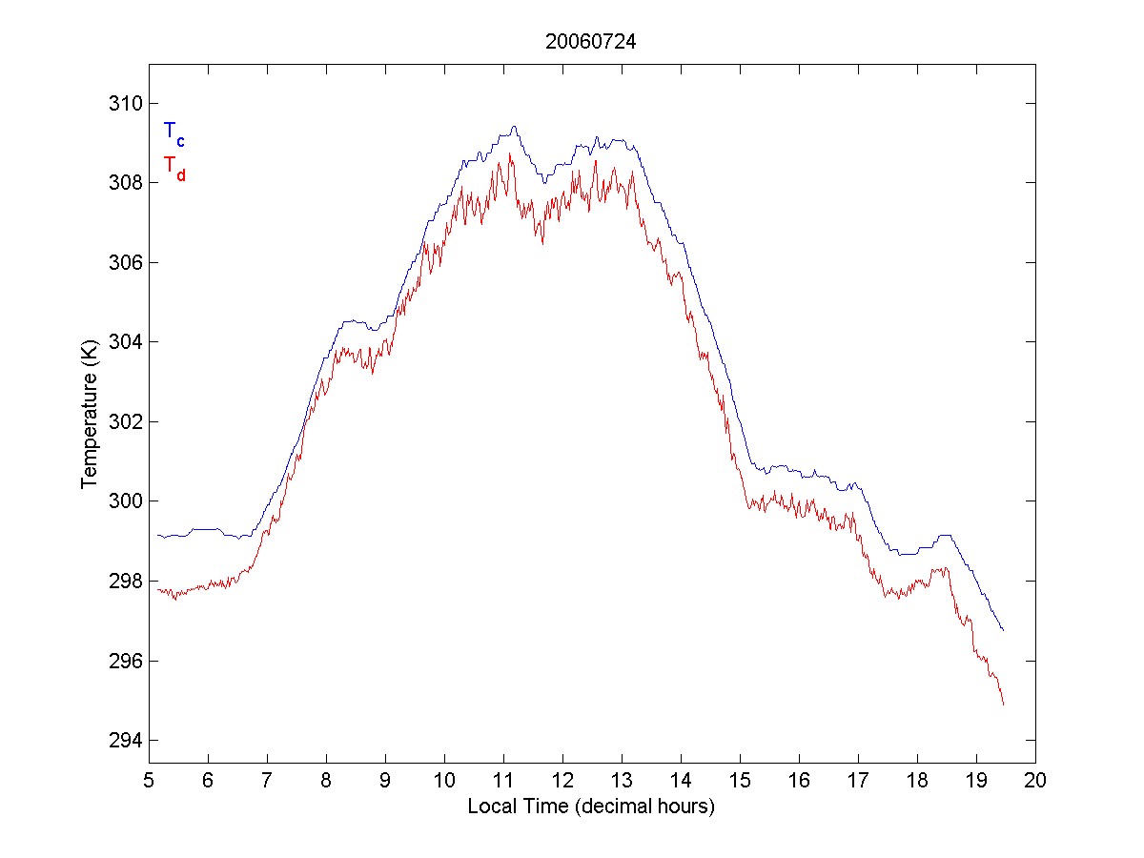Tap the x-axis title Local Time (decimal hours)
coord(591,807)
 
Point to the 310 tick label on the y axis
coord(124,103)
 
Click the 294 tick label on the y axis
coord(124,741)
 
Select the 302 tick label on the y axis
coord(124,421)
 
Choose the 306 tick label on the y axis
coord(124,262)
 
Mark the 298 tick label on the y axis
coord(124,581)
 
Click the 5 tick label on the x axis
coord(149,781)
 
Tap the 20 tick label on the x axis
coord(1035,781)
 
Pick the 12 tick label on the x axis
coord(562,781)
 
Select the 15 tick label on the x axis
coord(740,781)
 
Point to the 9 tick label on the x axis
coord(385,781)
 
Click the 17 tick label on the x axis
coord(858,781)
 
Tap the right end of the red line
coord(1004,705)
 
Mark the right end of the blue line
coord(1004,630)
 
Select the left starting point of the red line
coord(157,589)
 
